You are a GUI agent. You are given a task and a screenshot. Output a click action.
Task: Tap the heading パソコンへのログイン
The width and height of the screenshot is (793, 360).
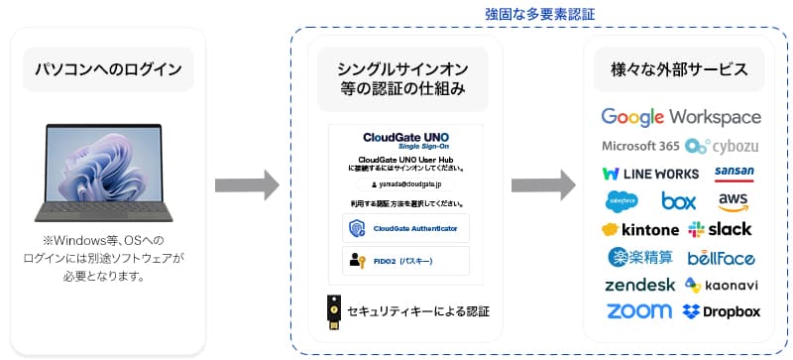click(107, 70)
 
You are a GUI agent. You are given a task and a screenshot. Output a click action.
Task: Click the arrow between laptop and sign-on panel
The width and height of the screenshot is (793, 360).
click(247, 183)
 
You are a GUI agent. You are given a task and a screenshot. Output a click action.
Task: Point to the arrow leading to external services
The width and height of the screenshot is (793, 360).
click(543, 183)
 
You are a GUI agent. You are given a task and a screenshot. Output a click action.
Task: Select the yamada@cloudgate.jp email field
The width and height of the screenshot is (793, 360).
click(404, 183)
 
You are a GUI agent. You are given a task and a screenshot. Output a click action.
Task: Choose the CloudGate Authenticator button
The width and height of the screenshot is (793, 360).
click(404, 228)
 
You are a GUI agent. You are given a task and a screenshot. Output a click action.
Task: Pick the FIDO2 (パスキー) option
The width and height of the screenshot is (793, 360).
click(404, 261)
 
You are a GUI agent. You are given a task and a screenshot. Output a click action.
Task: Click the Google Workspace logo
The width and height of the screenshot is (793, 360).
click(681, 117)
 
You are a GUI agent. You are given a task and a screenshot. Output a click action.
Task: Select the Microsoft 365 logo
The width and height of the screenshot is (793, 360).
click(640, 146)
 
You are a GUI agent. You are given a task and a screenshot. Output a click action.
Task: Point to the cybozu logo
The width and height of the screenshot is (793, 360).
click(724, 146)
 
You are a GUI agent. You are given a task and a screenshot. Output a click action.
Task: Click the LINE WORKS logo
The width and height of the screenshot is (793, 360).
click(650, 174)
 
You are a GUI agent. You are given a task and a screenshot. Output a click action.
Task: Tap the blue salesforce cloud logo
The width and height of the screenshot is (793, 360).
click(622, 201)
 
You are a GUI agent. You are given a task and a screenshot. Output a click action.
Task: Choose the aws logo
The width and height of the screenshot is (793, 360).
click(734, 201)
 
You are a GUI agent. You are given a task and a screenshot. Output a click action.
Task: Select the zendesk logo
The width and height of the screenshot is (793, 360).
click(640, 286)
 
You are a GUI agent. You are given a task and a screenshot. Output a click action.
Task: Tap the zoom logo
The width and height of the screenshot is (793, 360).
click(638, 311)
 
